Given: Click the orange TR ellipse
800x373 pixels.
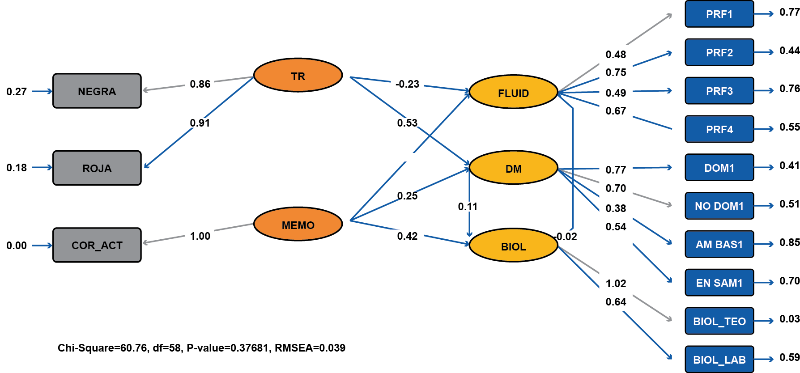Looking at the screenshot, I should (298, 76).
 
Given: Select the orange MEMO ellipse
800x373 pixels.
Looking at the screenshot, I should (298, 224).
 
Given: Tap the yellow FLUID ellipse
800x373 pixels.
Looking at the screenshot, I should (513, 92).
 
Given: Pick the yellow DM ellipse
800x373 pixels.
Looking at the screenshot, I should (513, 168).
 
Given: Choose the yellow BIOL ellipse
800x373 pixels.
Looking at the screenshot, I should (513, 246).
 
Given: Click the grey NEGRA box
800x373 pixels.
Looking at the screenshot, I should (97, 91).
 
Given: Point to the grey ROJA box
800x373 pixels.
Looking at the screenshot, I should (97, 168).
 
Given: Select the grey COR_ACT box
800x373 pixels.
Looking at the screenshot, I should (97, 245).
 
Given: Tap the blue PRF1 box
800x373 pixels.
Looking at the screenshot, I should (719, 14).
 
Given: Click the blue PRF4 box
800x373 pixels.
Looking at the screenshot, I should (719, 129).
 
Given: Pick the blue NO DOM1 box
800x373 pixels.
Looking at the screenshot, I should (719, 206).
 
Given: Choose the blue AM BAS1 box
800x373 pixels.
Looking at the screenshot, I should (719, 244).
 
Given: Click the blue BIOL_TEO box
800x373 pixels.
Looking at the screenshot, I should (719, 321).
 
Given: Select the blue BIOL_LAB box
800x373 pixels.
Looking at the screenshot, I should (719, 359).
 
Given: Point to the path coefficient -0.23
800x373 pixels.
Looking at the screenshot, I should (407, 84).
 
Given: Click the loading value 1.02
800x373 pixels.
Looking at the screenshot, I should (616, 284).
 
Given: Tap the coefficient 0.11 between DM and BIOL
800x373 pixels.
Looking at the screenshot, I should (468, 207).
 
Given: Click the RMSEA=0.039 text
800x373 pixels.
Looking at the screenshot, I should (310, 348).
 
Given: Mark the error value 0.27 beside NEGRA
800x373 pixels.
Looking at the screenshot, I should (17, 92).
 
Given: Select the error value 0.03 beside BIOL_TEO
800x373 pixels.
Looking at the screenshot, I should (789, 319).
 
